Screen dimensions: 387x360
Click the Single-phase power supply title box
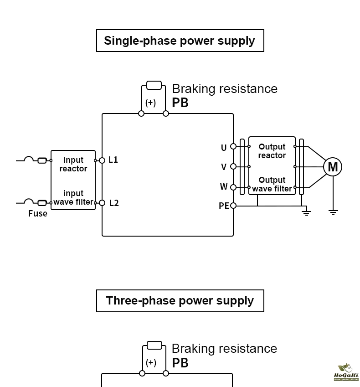tap(180, 41)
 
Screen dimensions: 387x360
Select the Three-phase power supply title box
tap(180, 301)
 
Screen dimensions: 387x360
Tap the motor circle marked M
tap(333, 167)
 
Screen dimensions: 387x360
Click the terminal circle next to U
tap(233, 146)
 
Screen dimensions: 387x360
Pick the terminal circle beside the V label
tap(233, 166)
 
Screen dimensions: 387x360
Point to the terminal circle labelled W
tap(233, 187)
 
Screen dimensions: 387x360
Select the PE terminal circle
tap(233, 206)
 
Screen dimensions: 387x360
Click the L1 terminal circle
tap(102, 160)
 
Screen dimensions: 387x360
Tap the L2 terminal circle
tap(102, 203)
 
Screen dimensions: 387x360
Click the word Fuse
tap(37, 213)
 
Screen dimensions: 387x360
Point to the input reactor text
tap(73, 164)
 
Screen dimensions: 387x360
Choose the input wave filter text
tap(73, 198)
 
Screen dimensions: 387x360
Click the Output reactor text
tap(272, 151)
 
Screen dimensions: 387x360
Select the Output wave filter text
tap(272, 184)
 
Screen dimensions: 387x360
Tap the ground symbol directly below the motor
tap(333, 212)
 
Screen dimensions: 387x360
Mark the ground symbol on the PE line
tap(306, 212)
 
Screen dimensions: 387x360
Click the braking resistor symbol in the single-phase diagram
tap(154, 85)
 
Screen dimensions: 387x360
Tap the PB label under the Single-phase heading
tap(180, 103)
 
